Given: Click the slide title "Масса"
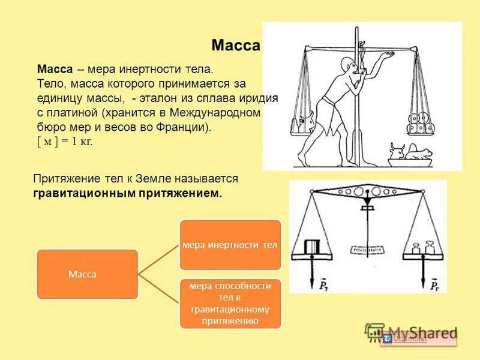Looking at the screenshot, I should (x=236, y=46).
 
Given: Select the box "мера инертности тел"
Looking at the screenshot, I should (x=230, y=245).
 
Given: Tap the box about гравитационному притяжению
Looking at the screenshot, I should (x=230, y=304).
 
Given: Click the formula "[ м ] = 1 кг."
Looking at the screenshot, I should (x=65, y=142).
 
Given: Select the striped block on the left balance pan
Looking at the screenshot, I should (x=313, y=247).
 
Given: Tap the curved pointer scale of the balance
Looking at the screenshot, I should (x=368, y=248).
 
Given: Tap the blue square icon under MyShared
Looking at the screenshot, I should (x=388, y=340).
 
